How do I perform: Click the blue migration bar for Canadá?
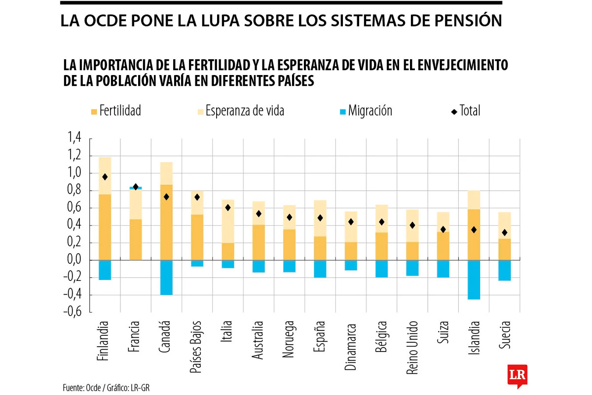[x=166, y=277]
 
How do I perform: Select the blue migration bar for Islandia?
[x=474, y=279]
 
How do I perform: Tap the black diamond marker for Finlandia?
[x=105, y=177]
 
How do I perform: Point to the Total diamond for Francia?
[x=136, y=187]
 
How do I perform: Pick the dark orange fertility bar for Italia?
[x=227, y=251]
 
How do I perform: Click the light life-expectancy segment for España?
[x=320, y=218]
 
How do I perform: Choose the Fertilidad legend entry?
[x=116, y=111]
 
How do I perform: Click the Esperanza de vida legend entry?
[x=240, y=111]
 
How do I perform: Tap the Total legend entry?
[x=465, y=111]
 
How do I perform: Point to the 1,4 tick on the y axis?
[x=74, y=139]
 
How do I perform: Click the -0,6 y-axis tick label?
[x=72, y=313]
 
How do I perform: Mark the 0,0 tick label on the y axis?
[x=74, y=260]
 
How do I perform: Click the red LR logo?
[x=518, y=375]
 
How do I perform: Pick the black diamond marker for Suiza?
[x=443, y=230]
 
